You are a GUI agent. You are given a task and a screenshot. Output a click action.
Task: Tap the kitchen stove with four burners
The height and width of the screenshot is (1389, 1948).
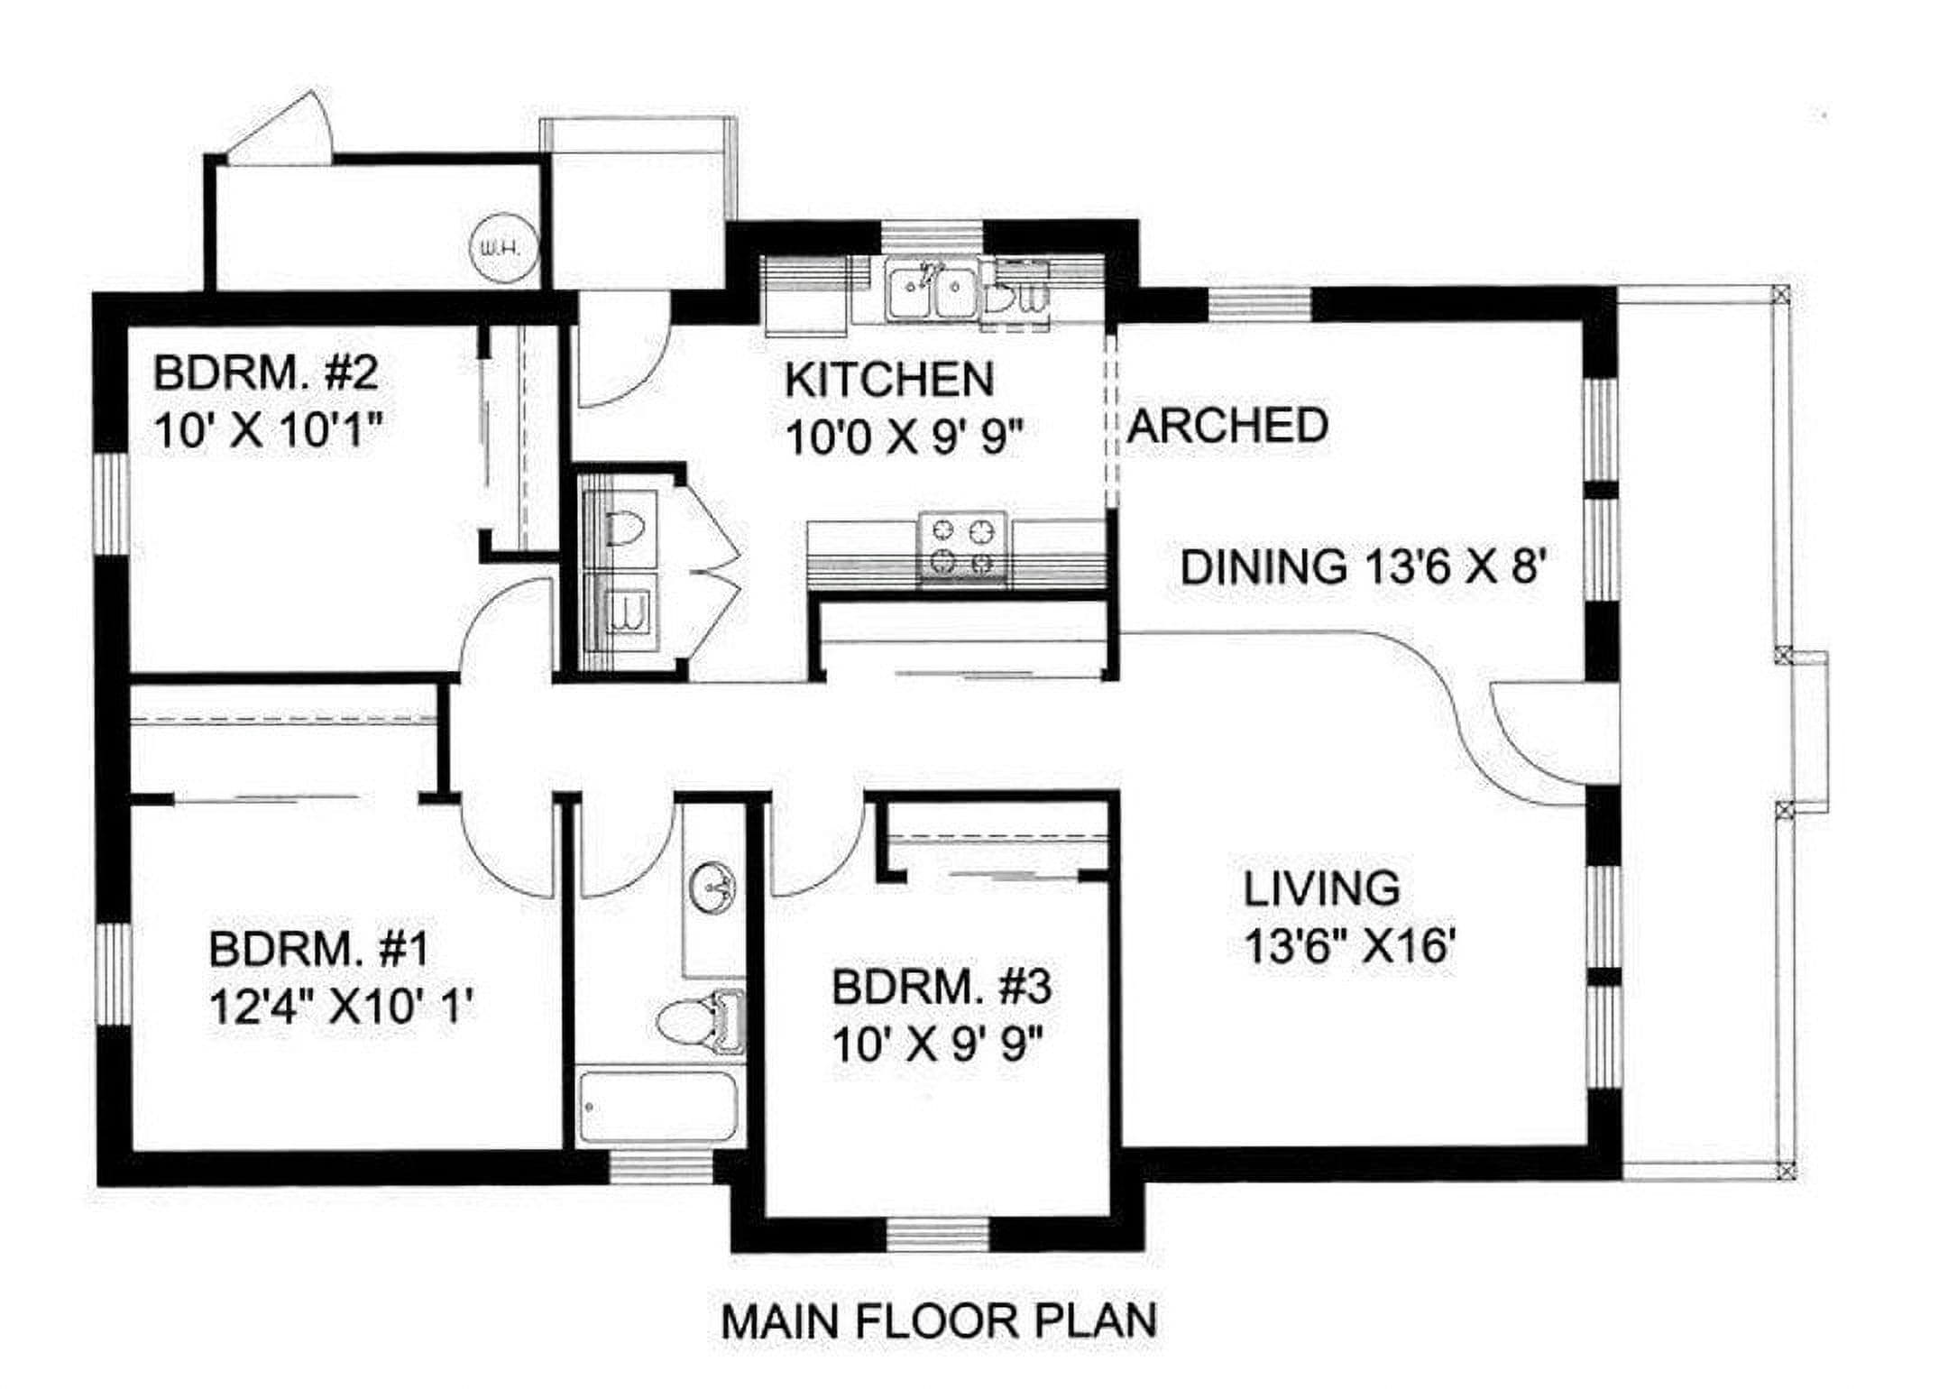coord(962,547)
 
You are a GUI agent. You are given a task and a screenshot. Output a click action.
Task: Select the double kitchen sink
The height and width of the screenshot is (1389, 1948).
coord(929,290)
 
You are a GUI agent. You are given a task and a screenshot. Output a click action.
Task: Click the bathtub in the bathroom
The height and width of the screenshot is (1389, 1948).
coord(658,1108)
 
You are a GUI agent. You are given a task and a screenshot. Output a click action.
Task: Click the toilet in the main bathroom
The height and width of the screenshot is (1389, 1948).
coord(699,1023)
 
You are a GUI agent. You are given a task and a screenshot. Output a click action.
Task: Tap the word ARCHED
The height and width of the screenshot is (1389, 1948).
coord(1227,426)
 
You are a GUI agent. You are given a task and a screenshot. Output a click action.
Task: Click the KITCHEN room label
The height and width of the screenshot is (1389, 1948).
coord(889,380)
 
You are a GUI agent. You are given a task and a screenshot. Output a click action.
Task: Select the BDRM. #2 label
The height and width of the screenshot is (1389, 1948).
coord(265,373)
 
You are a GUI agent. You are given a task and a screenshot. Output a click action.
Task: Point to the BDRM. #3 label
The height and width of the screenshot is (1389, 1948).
coord(941,988)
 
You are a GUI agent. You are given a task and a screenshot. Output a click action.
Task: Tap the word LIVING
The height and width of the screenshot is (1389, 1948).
coord(1322,888)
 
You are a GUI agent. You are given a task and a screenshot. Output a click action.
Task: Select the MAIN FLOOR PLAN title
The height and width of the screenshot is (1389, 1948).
coord(939,1321)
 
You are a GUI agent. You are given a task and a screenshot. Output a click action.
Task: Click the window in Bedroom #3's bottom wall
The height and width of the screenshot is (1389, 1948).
coord(938,1234)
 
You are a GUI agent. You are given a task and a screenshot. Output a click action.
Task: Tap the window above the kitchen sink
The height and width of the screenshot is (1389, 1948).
coord(931,237)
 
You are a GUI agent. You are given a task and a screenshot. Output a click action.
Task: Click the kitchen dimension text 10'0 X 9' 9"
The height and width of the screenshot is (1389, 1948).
coord(905,440)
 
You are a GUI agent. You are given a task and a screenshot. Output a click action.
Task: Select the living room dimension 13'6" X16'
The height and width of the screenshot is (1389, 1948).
coord(1350,947)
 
